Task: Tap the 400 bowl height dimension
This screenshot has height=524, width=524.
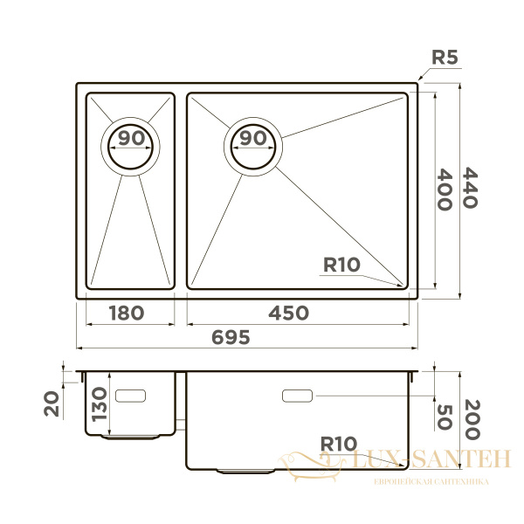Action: coord(442,189)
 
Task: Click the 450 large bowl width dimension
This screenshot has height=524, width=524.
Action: coord(288,313)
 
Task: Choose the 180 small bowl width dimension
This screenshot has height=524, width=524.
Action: coord(126,313)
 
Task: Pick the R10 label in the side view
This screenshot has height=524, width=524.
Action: coord(338,444)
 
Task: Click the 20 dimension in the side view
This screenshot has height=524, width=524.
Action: coord(52,403)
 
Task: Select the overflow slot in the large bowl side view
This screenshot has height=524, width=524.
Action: coord(297,396)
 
